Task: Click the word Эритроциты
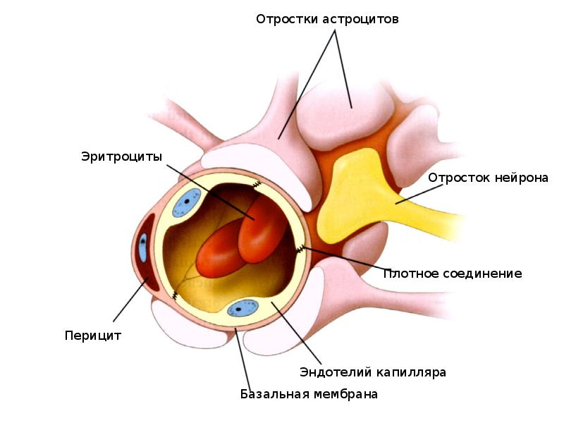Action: [x=121, y=157]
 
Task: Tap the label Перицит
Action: [x=93, y=336]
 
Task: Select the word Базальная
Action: [x=274, y=394]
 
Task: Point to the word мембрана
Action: [x=345, y=394]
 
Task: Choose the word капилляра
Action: [x=410, y=373]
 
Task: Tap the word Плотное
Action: [x=410, y=274]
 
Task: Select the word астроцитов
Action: [x=360, y=19]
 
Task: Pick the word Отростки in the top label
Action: [x=287, y=19]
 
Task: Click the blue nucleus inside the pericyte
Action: [x=143, y=247]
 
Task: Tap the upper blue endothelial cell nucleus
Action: [x=186, y=202]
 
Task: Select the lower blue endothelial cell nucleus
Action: [x=243, y=308]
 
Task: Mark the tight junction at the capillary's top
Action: [x=257, y=185]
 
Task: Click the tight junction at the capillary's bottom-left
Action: [x=175, y=295]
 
